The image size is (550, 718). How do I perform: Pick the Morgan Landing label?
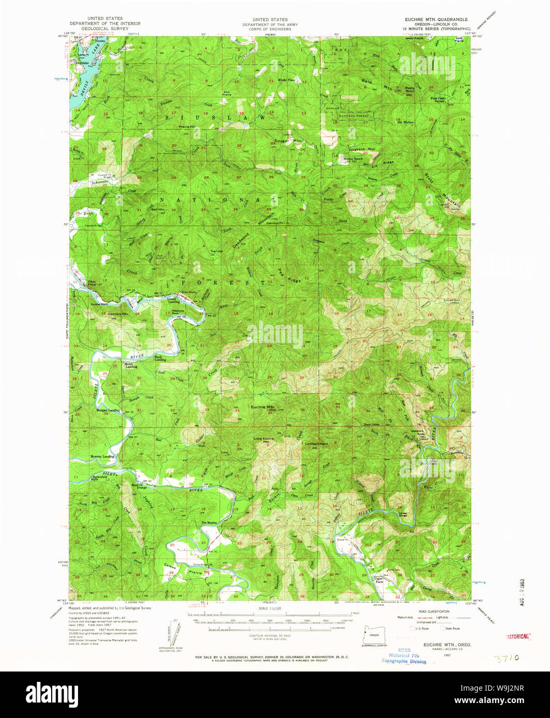(108, 411)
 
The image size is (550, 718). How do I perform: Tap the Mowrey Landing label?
(101, 457)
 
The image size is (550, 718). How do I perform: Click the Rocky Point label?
(410, 89)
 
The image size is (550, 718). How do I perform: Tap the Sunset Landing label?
(174, 300)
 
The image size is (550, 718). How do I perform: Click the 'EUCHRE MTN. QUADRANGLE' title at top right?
(436, 19)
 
